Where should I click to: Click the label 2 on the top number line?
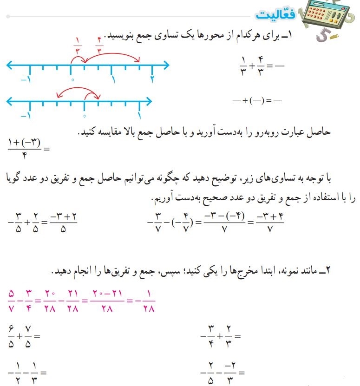(x=152, y=79)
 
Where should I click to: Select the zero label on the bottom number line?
(x=84, y=116)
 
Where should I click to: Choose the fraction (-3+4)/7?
(x=271, y=224)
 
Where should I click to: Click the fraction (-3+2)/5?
(x=63, y=224)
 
